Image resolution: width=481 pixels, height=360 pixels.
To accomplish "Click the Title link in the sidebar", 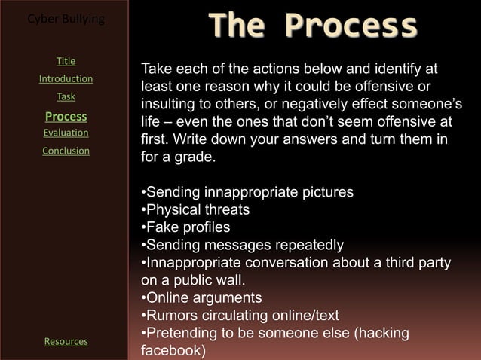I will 66,61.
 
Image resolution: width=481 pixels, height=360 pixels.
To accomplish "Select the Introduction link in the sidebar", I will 66,79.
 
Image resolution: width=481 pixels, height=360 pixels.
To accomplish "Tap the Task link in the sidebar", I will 66,97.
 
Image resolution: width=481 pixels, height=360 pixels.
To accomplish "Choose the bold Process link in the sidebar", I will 66,117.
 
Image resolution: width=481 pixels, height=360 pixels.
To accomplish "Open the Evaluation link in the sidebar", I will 66,133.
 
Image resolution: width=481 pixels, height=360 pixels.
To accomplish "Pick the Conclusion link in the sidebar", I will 66,151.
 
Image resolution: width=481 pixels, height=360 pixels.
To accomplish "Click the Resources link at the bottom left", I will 66,342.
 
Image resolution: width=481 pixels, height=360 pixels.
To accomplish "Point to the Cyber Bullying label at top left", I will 66,18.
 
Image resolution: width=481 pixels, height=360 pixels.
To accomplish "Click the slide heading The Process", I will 312,26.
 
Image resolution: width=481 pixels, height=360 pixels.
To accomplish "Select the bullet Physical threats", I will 195,209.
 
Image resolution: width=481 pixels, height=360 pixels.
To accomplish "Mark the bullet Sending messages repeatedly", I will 242,246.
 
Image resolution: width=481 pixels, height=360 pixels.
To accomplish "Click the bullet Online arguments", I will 201,297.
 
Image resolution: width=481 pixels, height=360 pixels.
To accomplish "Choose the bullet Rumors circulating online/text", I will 240,316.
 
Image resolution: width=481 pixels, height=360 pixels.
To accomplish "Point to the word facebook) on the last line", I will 173,351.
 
